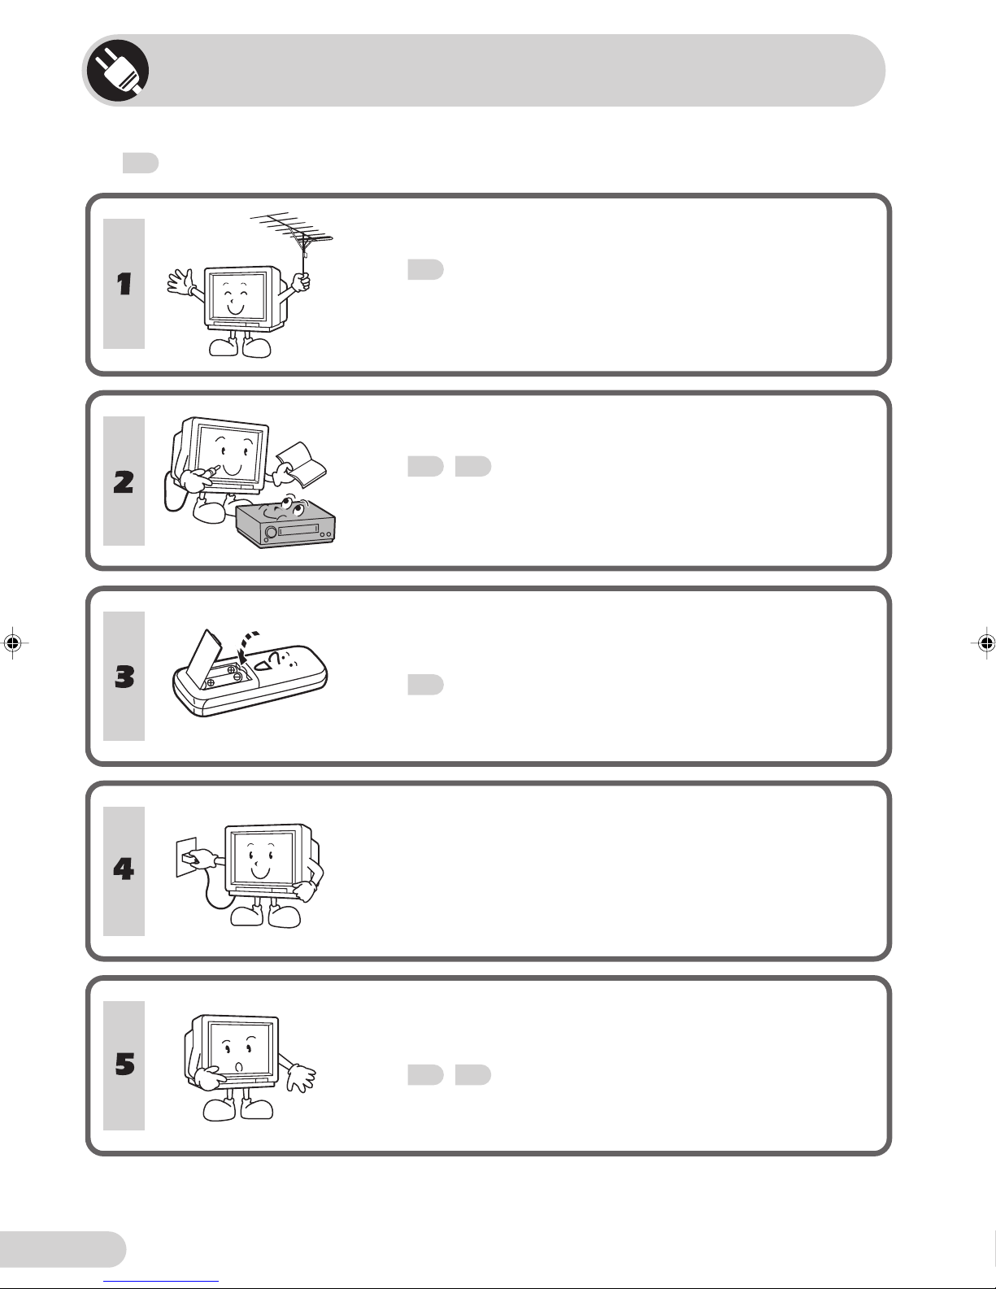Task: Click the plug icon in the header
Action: click(x=117, y=71)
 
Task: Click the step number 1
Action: click(x=124, y=284)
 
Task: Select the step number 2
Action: click(x=124, y=481)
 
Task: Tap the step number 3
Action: click(x=124, y=677)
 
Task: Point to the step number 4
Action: click(x=124, y=869)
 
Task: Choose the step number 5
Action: click(x=124, y=1065)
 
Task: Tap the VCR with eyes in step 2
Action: click(x=285, y=521)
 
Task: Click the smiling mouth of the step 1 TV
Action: click(x=236, y=309)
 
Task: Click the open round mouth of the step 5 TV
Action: click(x=239, y=1067)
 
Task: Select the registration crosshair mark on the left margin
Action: click(x=13, y=642)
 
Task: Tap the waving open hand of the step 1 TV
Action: click(x=180, y=282)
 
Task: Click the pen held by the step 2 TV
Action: click(x=208, y=472)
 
